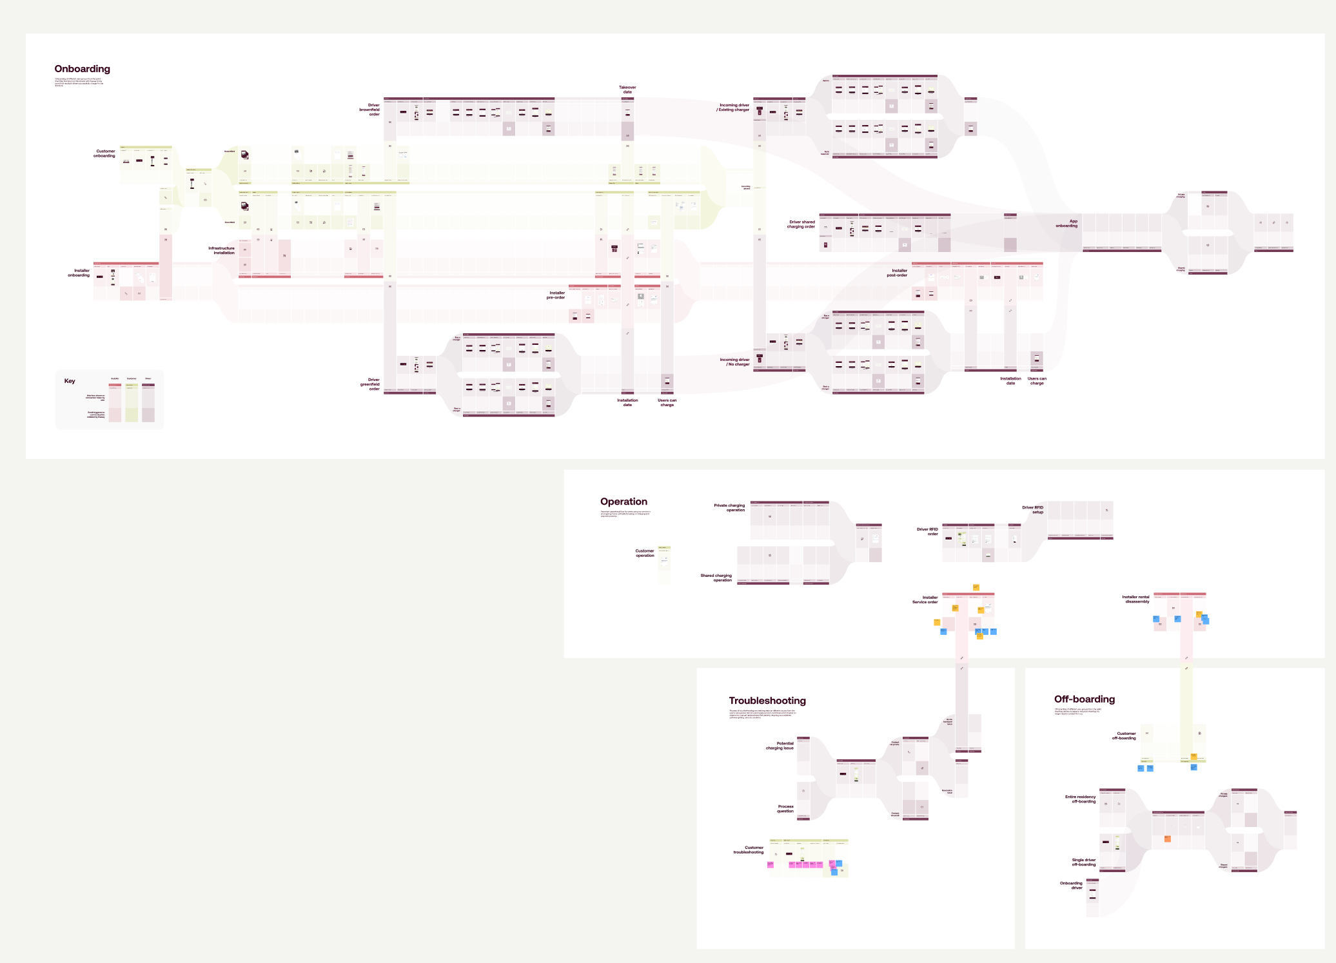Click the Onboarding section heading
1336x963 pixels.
(82, 69)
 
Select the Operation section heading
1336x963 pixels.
(624, 501)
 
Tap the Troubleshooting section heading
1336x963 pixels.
(767, 701)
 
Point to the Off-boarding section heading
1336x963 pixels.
(1084, 699)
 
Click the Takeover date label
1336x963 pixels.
(627, 90)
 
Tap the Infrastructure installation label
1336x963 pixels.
(221, 250)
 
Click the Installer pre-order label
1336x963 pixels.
(556, 295)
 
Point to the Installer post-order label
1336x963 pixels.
(897, 273)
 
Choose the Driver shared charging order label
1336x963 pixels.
(801, 224)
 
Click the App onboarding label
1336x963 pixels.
(1066, 223)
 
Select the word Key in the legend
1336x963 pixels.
(70, 381)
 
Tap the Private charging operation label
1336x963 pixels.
(729, 507)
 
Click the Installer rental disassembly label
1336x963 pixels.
(1135, 599)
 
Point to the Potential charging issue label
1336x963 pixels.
(780, 746)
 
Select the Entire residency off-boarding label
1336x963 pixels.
(1080, 799)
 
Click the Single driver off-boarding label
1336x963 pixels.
(1083, 862)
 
